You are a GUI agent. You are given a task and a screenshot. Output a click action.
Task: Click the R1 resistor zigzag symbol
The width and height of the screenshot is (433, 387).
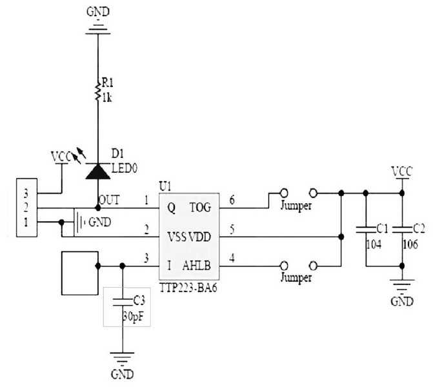coord(97,91)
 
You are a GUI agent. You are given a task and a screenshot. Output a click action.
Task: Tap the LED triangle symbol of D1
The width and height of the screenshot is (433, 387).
coord(97,171)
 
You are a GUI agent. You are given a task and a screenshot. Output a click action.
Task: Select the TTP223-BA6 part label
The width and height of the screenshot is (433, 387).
coord(188,288)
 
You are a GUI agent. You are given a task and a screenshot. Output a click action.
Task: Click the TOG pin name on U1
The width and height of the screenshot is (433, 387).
coord(201,207)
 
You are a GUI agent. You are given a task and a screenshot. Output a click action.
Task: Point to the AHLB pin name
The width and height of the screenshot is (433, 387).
coord(196,266)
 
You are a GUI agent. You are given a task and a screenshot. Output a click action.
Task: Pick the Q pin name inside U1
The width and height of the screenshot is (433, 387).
coord(171,208)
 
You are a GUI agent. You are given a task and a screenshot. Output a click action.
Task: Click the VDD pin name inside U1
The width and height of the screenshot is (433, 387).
coord(199,237)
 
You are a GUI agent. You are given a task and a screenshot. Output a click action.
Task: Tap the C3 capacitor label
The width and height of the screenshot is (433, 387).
coord(139,301)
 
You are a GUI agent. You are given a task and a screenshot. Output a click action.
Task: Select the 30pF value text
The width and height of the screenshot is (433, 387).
coord(133,316)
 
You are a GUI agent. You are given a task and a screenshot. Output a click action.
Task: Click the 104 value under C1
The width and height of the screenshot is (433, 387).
coord(374,244)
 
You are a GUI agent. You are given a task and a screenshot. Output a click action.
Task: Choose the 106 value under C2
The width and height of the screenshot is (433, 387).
coord(410,244)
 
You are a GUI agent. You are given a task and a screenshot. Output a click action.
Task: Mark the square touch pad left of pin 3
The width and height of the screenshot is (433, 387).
coord(80,273)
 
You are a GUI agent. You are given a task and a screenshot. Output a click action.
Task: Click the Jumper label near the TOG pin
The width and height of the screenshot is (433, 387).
coord(296,206)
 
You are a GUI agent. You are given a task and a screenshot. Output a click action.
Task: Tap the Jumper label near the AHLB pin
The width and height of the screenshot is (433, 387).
coord(296,277)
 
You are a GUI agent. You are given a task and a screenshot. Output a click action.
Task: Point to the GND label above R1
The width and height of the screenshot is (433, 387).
coord(98,12)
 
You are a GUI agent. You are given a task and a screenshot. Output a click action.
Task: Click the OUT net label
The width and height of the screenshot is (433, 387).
coord(109,200)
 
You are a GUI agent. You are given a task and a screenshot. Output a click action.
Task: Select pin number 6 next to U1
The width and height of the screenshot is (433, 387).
coord(232,200)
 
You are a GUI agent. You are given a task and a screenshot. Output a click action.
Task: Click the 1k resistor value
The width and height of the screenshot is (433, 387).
coord(107,97)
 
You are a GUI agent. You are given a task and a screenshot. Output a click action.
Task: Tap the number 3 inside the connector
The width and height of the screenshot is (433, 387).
coord(26,193)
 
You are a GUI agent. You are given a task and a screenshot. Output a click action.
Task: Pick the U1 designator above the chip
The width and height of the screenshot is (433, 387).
coord(165,187)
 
